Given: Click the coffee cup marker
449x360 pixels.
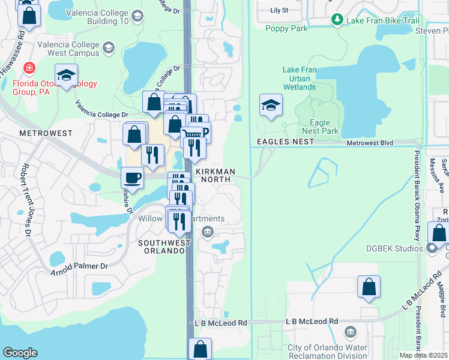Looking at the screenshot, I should [x=132, y=178].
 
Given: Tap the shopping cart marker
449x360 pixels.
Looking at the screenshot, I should [x=191, y=135].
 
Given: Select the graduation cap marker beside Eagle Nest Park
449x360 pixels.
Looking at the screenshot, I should [x=271, y=105].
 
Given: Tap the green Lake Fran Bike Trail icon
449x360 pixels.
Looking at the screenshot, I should [x=337, y=20].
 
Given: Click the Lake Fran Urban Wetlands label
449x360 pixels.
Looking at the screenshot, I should [x=299, y=79].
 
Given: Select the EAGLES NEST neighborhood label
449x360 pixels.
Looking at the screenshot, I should [x=285, y=141].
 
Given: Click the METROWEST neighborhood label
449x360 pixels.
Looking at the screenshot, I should [x=46, y=133].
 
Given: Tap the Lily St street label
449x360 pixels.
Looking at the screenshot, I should [x=280, y=10].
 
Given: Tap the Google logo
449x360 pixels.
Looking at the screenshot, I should [x=20, y=353].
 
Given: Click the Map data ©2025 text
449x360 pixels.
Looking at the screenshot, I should [x=423, y=355].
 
